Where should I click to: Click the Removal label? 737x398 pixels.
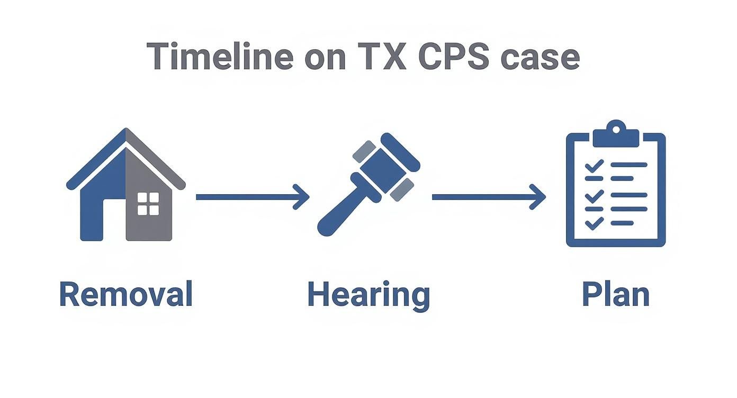[x=125, y=294]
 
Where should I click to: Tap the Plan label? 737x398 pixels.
[x=615, y=294]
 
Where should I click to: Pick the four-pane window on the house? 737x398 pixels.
[x=148, y=204]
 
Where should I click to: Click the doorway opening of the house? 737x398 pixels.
[x=113, y=220]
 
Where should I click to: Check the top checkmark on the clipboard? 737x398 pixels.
[x=594, y=166]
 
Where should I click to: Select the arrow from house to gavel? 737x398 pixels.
[x=252, y=197]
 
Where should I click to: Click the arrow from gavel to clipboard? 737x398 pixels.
[x=488, y=197]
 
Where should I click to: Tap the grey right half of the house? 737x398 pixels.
[x=154, y=222]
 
